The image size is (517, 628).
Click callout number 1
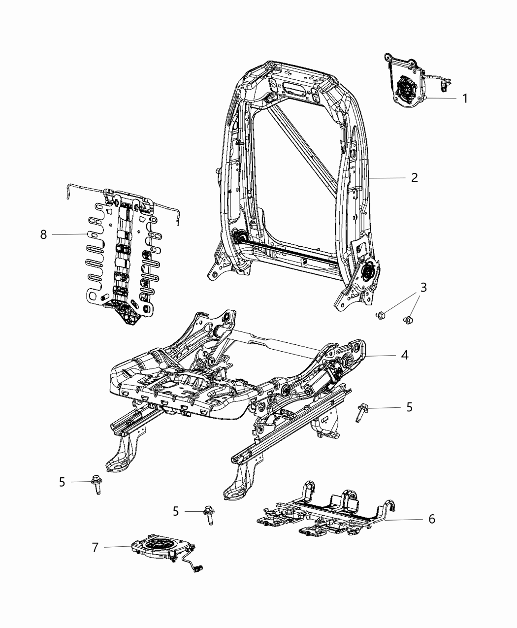coord(464,98)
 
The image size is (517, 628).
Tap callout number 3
coord(423,287)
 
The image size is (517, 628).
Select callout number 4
coord(404,355)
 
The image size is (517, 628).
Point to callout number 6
coord(431,519)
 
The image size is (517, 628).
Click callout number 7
coord(95,547)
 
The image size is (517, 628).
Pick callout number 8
coord(44,234)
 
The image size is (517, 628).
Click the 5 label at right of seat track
coord(409,407)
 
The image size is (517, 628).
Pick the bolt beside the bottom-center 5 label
coord(208,515)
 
